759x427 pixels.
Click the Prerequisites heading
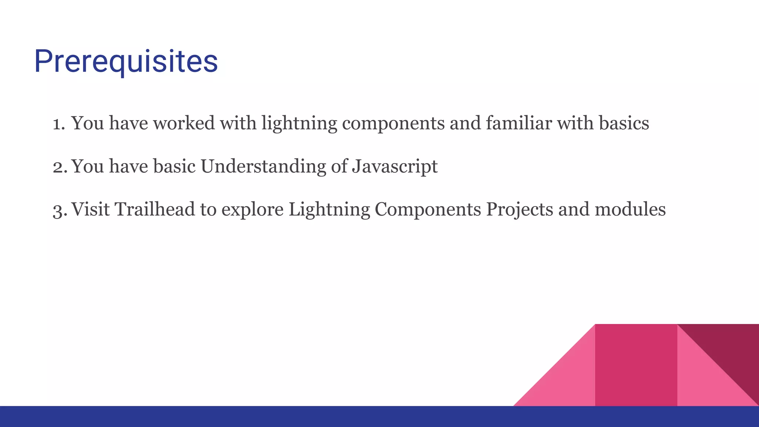coord(126,62)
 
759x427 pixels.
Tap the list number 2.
coord(59,167)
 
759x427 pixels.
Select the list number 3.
coord(59,210)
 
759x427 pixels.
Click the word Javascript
coord(395,167)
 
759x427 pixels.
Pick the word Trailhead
coord(155,209)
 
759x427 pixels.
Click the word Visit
coord(90,209)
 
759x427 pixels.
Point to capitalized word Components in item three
coord(428,210)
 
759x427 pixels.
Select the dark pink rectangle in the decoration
coord(636,365)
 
